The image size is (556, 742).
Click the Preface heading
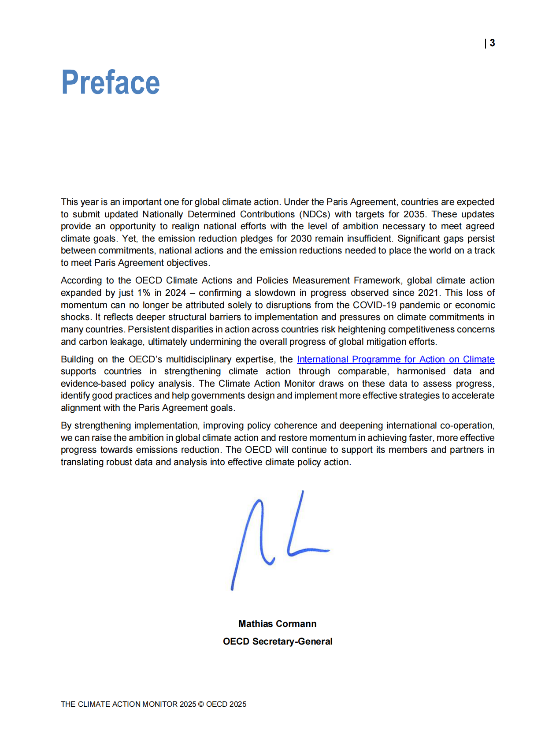[x=110, y=82]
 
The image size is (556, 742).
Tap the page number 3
[x=492, y=43]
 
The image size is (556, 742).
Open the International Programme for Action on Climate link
[x=395, y=359]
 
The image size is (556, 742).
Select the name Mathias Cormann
[x=277, y=624]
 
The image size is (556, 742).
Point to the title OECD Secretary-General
[x=277, y=641]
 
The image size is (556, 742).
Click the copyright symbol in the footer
[x=201, y=704]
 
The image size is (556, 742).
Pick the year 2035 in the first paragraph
[x=414, y=214]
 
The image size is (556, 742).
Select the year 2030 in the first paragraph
[x=301, y=239]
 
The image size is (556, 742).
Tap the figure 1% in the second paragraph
[x=143, y=293]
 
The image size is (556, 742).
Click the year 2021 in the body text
[x=428, y=293]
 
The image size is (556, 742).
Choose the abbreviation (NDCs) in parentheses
[x=315, y=214]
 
